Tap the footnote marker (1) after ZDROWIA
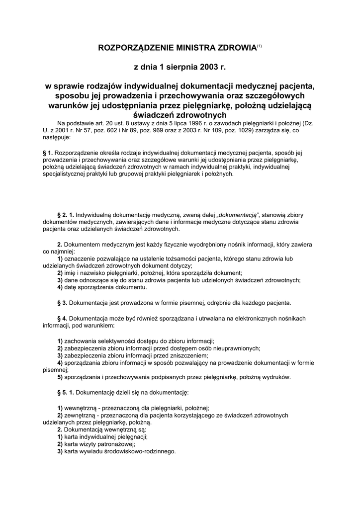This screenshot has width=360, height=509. pyautogui.click(x=259, y=46)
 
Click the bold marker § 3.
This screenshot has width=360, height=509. pyautogui.click(x=63, y=302)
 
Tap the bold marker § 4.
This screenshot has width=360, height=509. pyautogui.click(x=63, y=318)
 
